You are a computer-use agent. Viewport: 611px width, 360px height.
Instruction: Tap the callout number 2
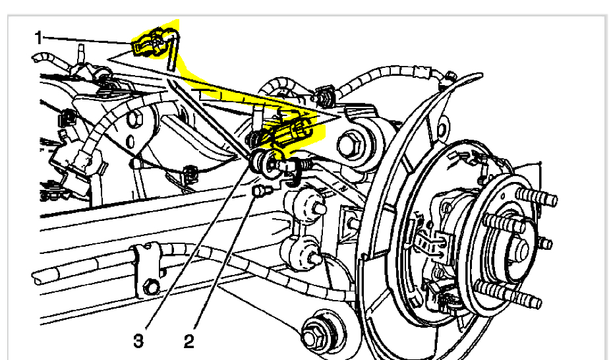189,341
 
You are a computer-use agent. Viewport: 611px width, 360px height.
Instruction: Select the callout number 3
138,341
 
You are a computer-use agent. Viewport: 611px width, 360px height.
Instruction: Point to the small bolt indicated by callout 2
261,191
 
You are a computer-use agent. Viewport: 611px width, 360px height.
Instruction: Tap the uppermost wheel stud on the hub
536,197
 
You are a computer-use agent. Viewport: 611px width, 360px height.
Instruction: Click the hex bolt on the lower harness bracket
151,287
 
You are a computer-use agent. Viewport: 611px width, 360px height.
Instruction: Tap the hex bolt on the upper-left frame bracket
135,120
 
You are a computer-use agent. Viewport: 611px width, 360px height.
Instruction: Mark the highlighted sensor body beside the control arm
290,132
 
